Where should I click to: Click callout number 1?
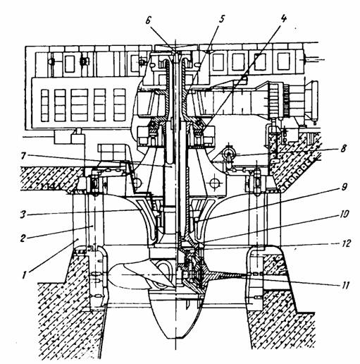coord(24,275)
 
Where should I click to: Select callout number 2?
coord(23,238)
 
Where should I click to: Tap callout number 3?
coord(23,215)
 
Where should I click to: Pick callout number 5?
coord(221,19)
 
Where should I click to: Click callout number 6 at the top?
coord(148,20)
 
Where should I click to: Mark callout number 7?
coord(23,156)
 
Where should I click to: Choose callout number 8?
coord(343,149)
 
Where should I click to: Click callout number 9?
coord(344,188)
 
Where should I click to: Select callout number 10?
coord(343,214)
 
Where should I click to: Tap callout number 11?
coord(345,285)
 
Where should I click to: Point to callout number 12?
coord(345,243)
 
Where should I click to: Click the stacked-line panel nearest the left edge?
coord(44,105)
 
